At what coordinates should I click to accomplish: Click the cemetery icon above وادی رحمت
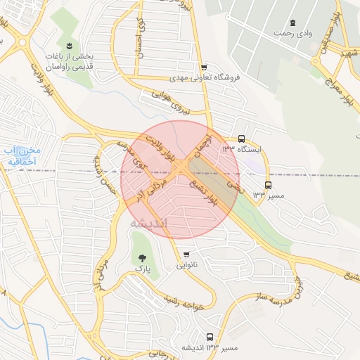pos(293,23)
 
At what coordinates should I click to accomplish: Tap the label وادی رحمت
pos(292,34)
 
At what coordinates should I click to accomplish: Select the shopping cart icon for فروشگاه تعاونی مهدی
pos(203,67)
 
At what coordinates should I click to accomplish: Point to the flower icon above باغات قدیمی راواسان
pos(69,46)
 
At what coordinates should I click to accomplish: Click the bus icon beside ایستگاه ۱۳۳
pos(242,139)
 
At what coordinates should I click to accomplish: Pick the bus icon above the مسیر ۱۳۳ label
pos(267,186)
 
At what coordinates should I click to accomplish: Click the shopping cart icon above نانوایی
pos(186,255)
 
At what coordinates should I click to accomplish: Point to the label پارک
pos(143,269)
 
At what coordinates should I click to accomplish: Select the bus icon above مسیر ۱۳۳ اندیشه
pos(210,337)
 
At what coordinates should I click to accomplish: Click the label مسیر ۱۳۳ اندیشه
pos(210,348)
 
